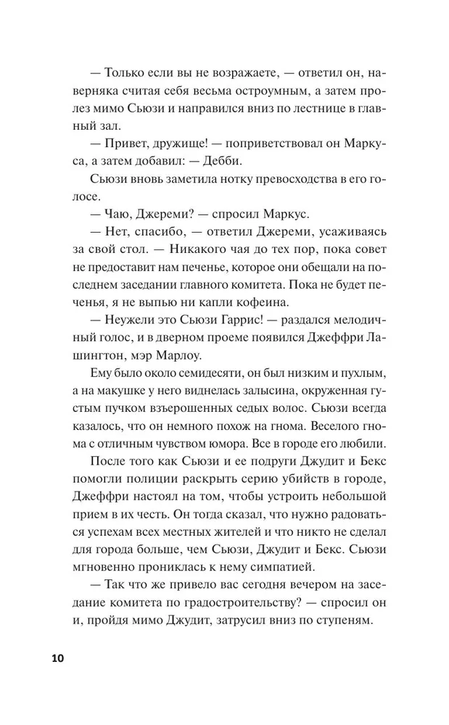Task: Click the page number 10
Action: point(57,658)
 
